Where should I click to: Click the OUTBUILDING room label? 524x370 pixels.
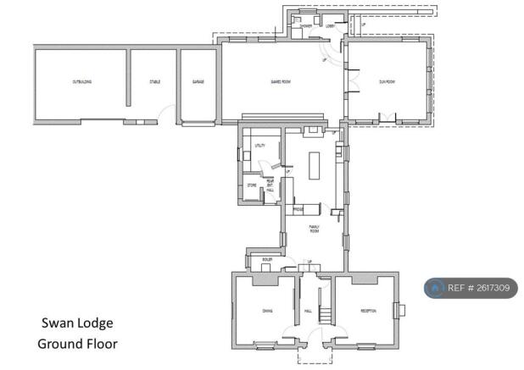[x=81, y=82]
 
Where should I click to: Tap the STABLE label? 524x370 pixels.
[x=155, y=82]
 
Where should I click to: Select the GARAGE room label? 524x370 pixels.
[x=198, y=82]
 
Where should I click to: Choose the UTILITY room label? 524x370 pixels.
[x=260, y=146]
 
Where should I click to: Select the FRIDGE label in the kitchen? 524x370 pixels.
[x=298, y=208]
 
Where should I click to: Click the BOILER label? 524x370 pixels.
[x=267, y=259]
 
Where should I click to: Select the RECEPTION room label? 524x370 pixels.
[x=368, y=312]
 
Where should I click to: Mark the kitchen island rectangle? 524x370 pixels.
[x=315, y=166]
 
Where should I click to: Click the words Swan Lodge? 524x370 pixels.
[x=77, y=323]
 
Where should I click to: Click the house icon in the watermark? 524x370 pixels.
[x=436, y=289]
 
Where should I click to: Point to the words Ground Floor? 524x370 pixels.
[x=77, y=344]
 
